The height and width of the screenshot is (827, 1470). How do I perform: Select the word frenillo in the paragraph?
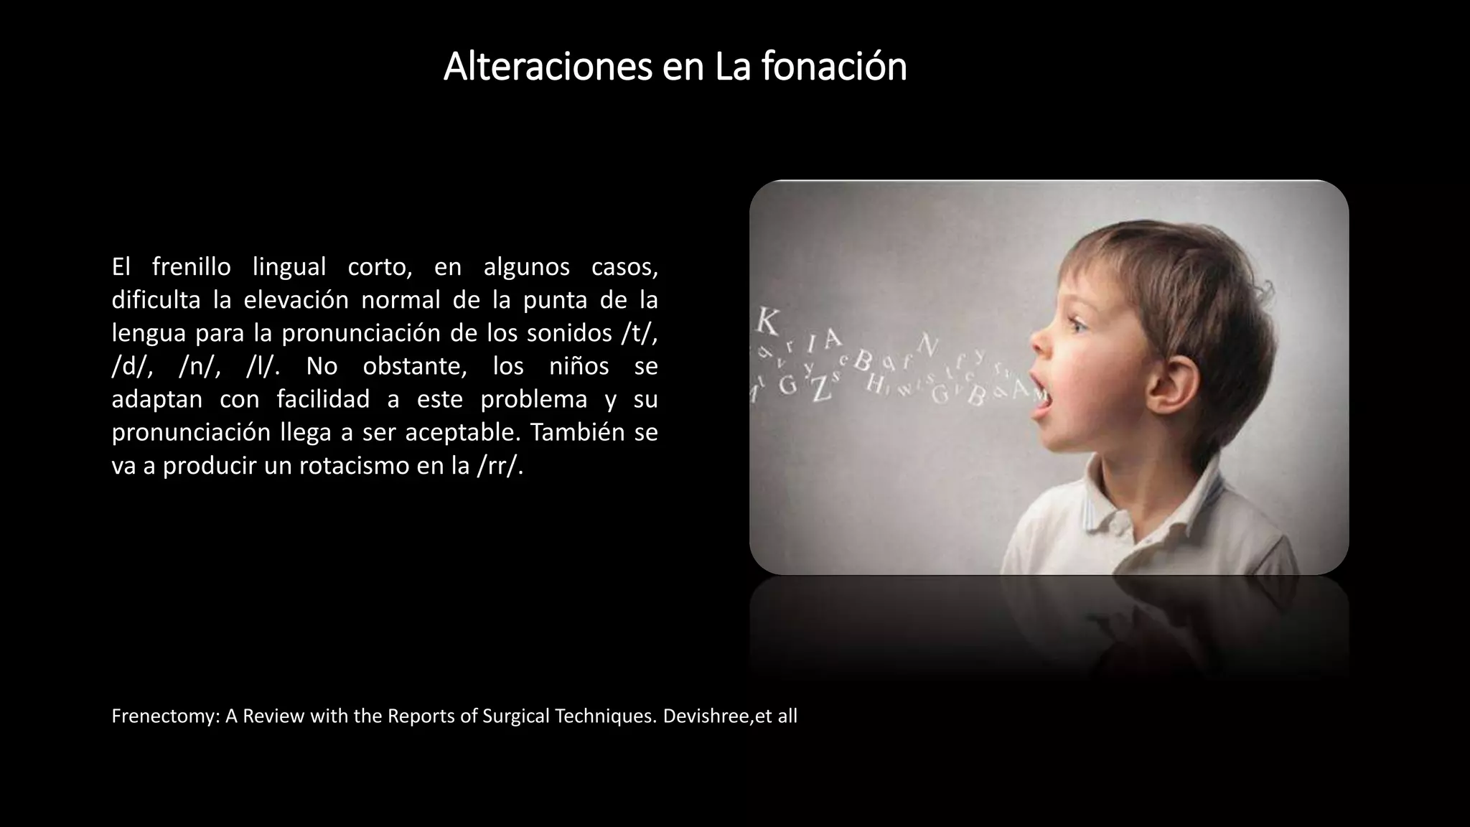coord(191,267)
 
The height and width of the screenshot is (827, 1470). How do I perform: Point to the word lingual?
coord(289,267)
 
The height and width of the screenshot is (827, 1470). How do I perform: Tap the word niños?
coord(579,367)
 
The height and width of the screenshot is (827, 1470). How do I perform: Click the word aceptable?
coord(463,433)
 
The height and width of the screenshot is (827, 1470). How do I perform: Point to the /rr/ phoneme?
coord(500,466)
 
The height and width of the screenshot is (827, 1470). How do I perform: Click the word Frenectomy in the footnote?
coord(165,716)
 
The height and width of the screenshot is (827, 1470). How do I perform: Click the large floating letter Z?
coord(820,388)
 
